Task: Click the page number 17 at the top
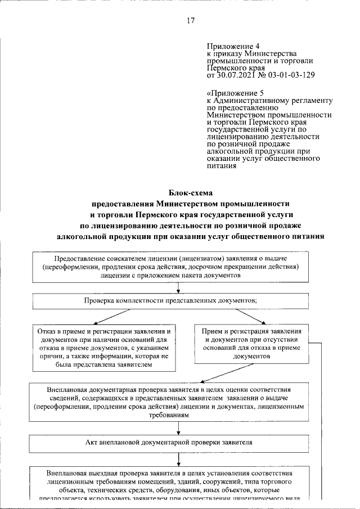click(190, 21)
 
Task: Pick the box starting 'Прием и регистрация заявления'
click(254, 344)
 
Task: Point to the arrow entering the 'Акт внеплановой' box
click(178, 431)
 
